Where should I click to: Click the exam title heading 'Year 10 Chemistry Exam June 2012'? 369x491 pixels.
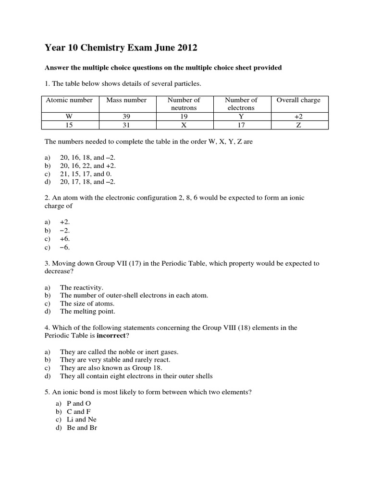click(121, 48)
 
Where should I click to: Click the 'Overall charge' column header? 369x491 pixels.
click(298, 100)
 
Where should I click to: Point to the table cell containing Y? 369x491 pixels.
click(241, 117)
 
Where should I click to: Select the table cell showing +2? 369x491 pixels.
click(298, 117)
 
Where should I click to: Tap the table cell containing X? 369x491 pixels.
click(184, 125)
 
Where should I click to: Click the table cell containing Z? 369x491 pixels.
click(298, 125)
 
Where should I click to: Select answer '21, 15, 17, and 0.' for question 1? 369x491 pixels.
click(88, 174)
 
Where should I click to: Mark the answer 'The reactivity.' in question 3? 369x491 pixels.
click(82, 287)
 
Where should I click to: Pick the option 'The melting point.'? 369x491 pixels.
click(87, 312)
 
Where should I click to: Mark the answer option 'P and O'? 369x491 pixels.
click(78, 403)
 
